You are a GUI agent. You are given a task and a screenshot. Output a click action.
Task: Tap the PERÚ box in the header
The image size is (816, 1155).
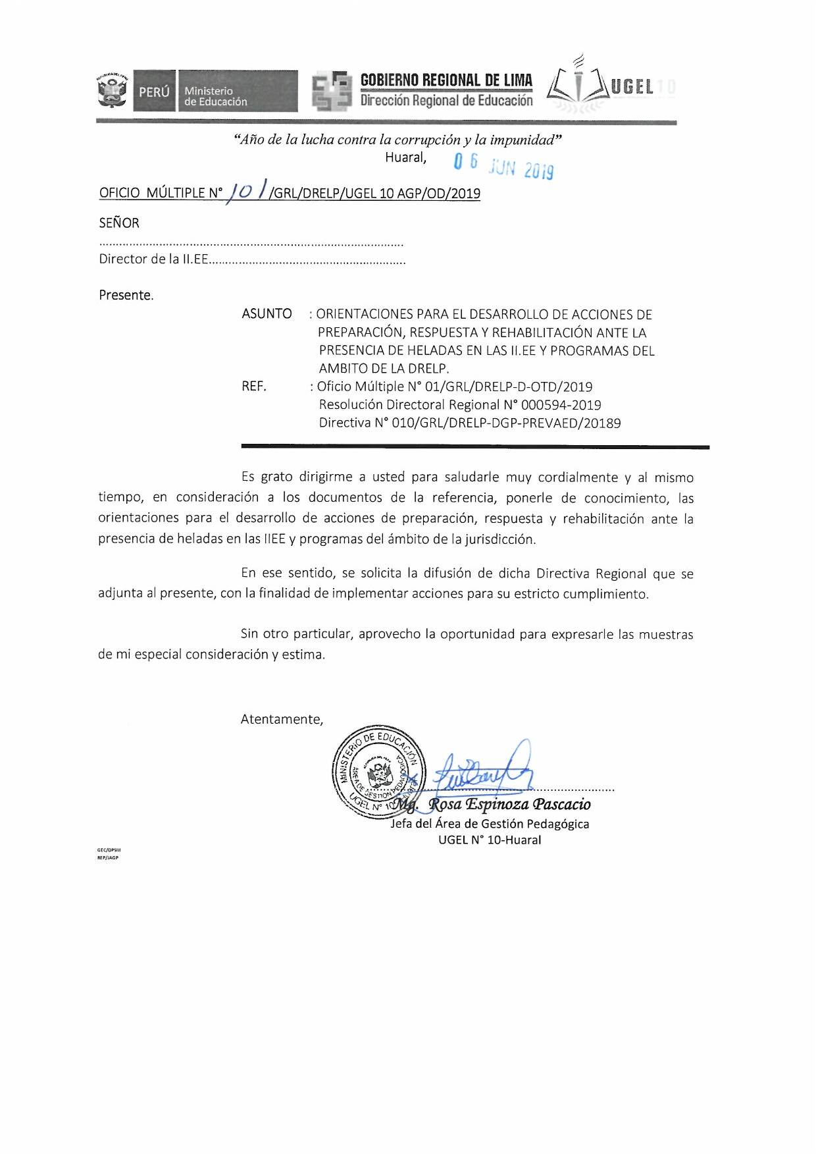(x=155, y=92)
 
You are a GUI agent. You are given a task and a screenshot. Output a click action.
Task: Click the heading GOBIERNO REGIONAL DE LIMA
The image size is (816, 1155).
(x=446, y=80)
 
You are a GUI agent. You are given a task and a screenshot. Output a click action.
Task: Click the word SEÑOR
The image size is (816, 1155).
(x=119, y=223)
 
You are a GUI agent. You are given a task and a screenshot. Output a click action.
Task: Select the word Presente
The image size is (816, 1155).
(x=126, y=295)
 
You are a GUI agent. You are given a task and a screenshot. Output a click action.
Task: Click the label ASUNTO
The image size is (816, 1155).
(x=267, y=314)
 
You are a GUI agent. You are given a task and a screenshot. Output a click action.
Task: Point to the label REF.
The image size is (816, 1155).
(x=254, y=387)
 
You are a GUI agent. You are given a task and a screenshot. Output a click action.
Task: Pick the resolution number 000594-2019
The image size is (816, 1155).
(x=561, y=405)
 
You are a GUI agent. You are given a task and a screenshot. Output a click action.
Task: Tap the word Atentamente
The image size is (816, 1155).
(x=282, y=719)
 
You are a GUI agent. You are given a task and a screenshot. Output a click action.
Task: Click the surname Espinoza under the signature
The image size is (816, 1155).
(x=497, y=805)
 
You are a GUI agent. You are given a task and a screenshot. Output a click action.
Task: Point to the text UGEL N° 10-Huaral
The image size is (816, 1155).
(x=490, y=840)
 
